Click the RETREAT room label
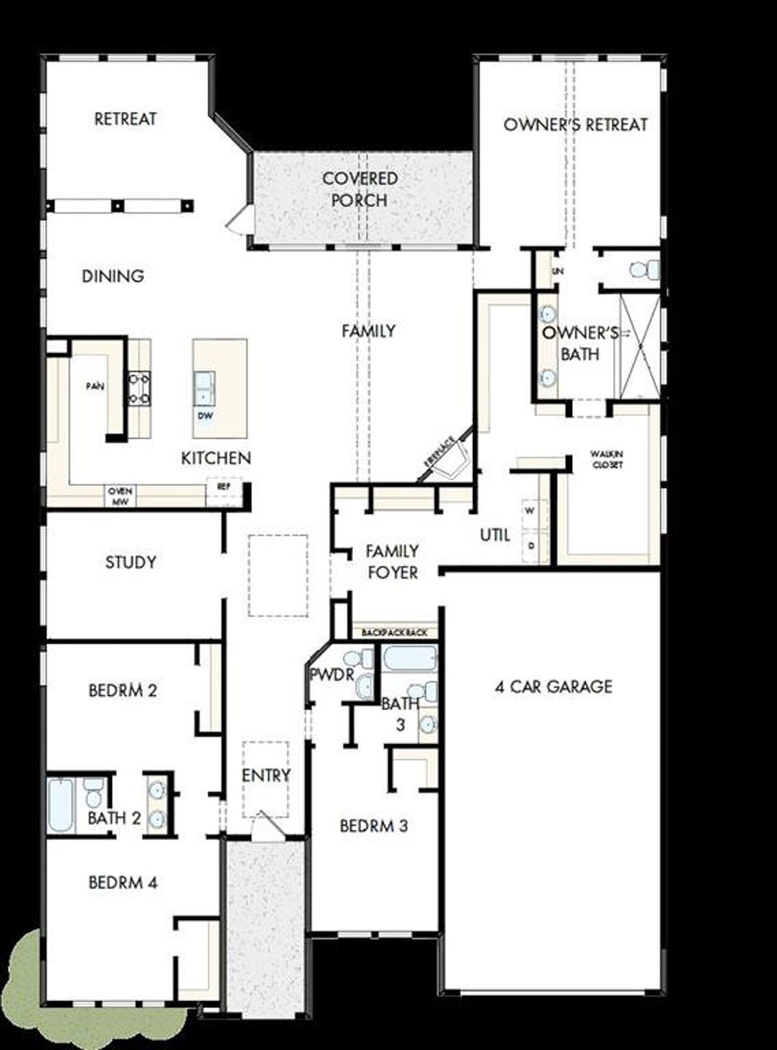coord(125,119)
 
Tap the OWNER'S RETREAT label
coord(575,125)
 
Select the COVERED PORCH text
coord(360,189)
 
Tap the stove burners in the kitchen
coord(139,389)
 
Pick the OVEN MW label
coord(120,496)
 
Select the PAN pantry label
coord(94,386)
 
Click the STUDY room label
coord(131,562)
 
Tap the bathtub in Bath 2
coord(61,805)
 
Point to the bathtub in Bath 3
coord(410,659)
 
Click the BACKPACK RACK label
coord(395,633)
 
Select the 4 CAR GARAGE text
coord(554,687)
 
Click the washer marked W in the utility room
coord(530,511)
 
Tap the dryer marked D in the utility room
coord(531,546)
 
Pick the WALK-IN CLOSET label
coord(606,459)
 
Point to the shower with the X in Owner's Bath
coord(639,347)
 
